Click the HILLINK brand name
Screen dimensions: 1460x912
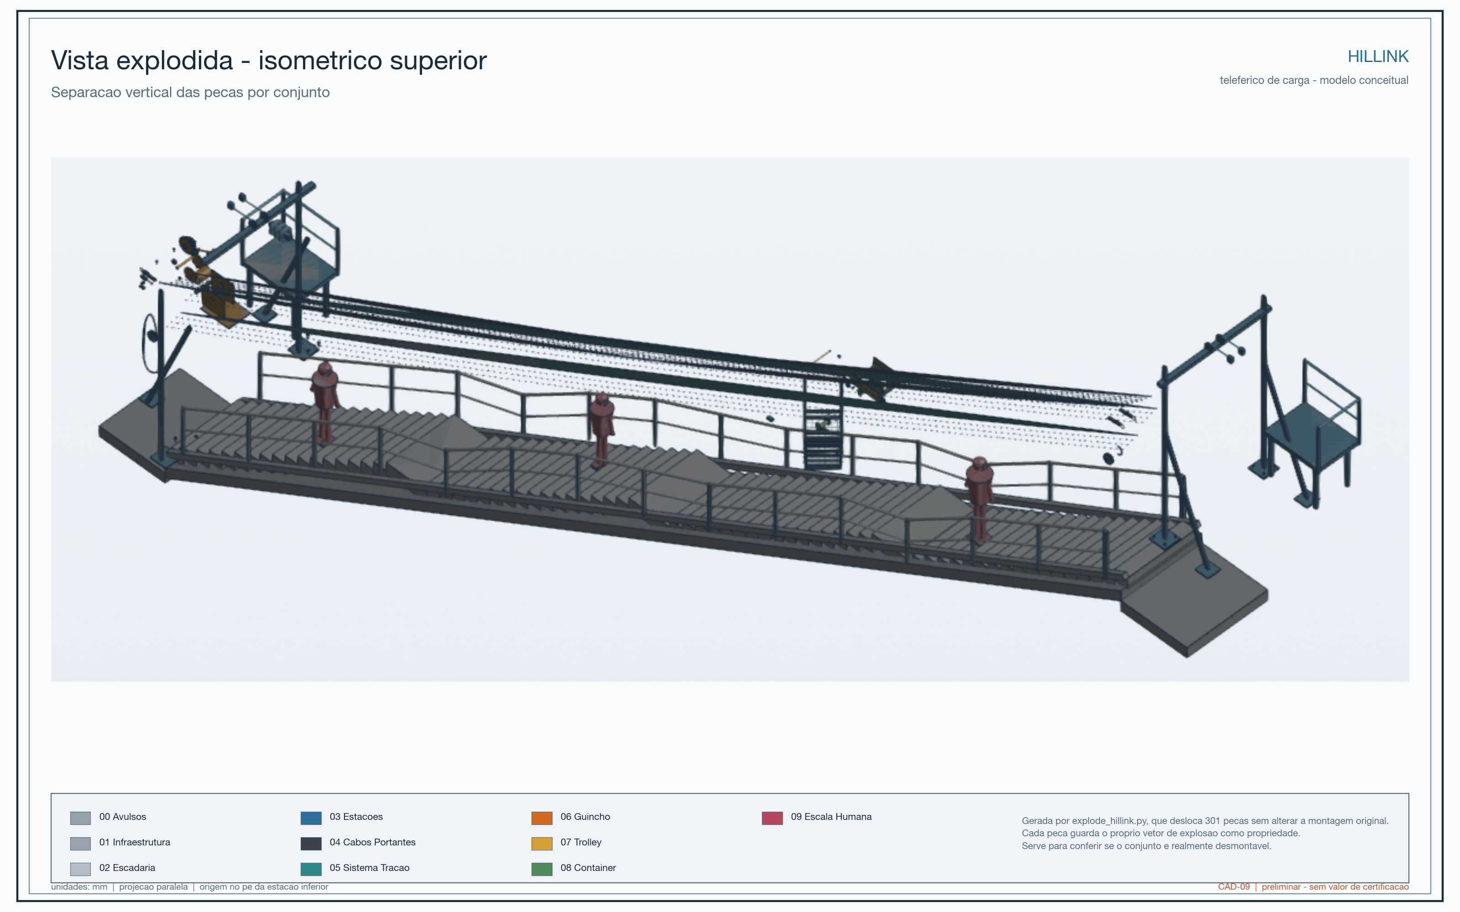tap(1378, 56)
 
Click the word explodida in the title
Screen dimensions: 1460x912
tap(174, 61)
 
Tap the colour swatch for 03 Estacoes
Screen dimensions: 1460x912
tap(311, 818)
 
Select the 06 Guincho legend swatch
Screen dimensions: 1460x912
tap(542, 818)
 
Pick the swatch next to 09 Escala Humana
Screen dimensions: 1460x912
tap(772, 818)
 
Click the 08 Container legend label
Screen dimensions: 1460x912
tap(588, 868)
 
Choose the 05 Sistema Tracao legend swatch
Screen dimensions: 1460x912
tap(311, 869)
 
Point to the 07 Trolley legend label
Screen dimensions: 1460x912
tap(581, 842)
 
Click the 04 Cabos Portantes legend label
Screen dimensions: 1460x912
tap(372, 842)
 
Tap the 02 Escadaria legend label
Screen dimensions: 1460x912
tap(127, 868)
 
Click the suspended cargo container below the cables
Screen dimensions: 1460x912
tap(823, 437)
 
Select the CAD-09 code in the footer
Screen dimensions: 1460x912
tap(1234, 886)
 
